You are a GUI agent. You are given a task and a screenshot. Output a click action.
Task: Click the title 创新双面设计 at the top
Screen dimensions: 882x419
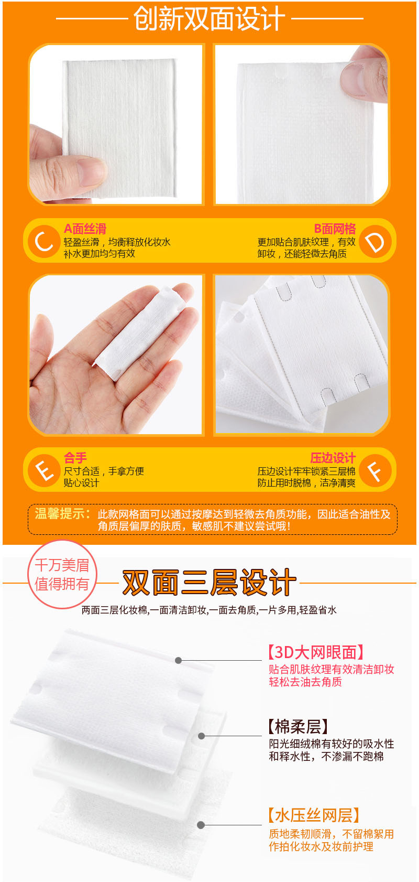[x=210, y=19]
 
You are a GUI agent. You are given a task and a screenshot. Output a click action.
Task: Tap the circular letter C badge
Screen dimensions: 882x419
[x=43, y=241]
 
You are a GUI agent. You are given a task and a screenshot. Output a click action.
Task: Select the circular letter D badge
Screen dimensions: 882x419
[x=375, y=242]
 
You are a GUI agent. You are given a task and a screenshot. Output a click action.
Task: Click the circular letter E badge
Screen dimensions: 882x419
[x=43, y=470]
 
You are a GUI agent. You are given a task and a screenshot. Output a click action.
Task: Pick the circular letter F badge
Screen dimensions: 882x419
[x=375, y=470]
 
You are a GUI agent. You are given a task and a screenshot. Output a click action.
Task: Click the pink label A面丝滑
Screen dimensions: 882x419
[x=85, y=229]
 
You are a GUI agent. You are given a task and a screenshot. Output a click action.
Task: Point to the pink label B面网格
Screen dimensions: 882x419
[x=335, y=229]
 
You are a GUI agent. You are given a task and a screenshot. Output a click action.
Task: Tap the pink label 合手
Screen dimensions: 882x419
[x=75, y=458]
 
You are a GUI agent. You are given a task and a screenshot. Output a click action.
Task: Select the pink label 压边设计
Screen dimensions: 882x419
[x=333, y=458]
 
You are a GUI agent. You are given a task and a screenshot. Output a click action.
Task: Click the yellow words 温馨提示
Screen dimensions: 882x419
[x=62, y=514]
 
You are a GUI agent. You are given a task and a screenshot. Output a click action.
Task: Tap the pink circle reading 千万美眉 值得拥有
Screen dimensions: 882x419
[x=62, y=574]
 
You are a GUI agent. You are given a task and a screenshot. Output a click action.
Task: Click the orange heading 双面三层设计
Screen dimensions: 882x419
[x=209, y=583]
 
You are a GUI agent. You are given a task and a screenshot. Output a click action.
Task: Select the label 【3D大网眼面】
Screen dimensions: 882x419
[x=315, y=652]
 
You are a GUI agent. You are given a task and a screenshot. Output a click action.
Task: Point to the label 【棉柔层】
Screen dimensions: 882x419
[x=298, y=727]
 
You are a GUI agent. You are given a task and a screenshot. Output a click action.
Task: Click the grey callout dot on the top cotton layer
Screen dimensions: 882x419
[x=179, y=660]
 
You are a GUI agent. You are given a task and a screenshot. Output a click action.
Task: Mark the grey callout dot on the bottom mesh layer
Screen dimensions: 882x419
[x=201, y=825]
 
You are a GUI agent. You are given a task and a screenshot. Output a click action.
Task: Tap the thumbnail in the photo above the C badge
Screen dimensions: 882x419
[x=92, y=170]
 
